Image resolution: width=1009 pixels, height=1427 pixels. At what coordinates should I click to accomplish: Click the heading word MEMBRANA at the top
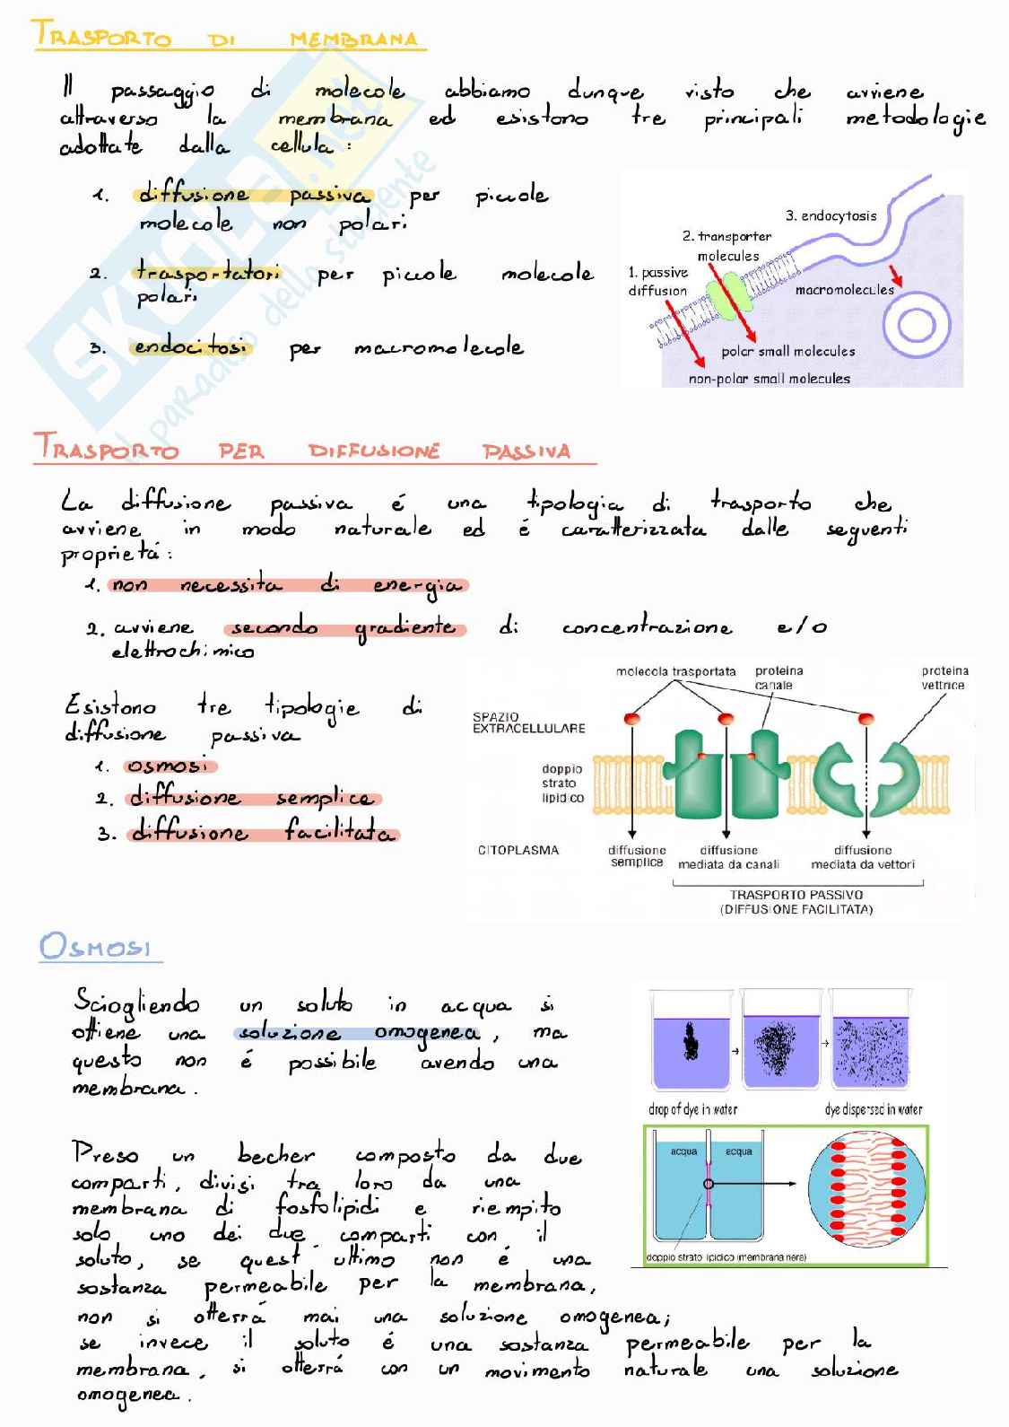click(x=353, y=39)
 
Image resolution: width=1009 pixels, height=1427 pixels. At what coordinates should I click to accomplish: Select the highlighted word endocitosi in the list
click(x=192, y=347)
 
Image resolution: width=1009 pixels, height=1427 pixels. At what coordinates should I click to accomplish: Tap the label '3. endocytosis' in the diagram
click(x=831, y=215)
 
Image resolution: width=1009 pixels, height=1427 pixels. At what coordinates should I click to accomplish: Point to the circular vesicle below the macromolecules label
click(x=917, y=324)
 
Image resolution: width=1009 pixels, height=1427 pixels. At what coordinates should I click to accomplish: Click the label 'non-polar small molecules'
click(x=769, y=379)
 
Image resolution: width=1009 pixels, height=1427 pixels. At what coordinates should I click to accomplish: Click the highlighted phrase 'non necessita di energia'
click(x=287, y=585)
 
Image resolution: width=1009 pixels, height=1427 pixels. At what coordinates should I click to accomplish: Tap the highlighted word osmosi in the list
click(x=170, y=766)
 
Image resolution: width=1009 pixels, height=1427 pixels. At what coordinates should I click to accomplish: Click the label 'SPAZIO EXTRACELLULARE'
click(x=528, y=722)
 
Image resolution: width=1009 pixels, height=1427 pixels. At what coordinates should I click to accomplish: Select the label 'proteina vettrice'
click(x=944, y=678)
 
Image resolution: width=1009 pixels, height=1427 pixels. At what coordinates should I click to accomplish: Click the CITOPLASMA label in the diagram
click(x=518, y=850)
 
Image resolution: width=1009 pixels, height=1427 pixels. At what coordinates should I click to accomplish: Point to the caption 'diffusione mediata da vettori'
click(x=863, y=857)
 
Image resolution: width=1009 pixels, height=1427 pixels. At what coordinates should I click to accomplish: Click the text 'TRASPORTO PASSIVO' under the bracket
click(x=796, y=895)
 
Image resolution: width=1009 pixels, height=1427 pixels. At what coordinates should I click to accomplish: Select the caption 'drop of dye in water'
click(x=692, y=1109)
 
